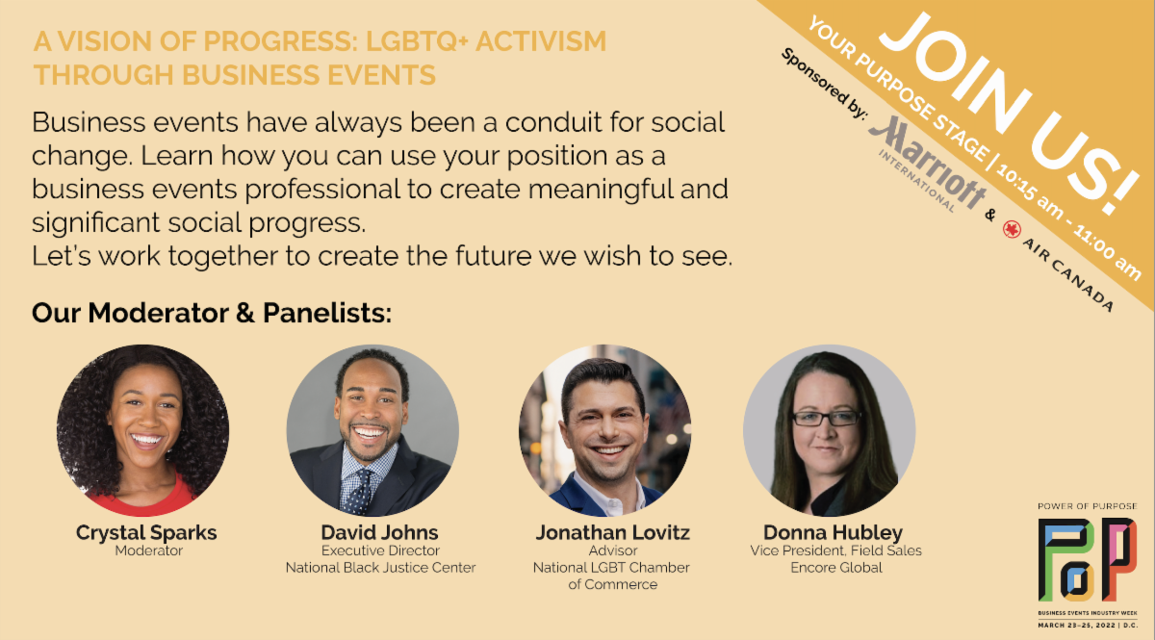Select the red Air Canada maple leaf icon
[1012, 229]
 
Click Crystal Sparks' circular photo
[142, 430]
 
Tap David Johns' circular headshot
[372, 430]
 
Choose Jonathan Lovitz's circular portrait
[604, 430]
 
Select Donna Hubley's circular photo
[829, 430]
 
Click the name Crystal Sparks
[146, 533]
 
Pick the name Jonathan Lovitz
[612, 532]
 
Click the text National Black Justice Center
[380, 568]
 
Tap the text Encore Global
[836, 568]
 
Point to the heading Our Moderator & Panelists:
[212, 313]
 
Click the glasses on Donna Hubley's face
[826, 418]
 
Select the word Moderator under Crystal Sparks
[149, 550]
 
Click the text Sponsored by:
[824, 84]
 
